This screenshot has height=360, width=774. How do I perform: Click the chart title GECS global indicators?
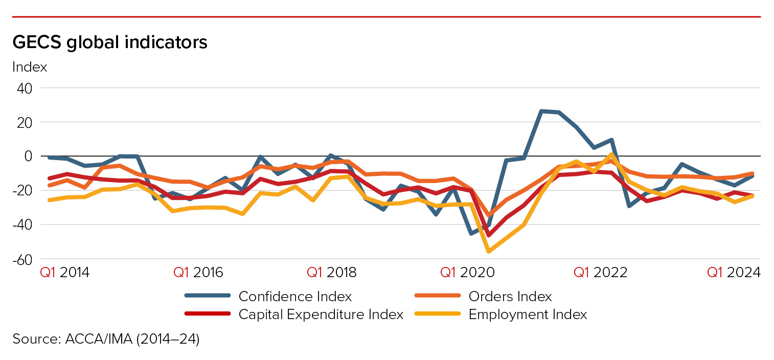tap(110, 42)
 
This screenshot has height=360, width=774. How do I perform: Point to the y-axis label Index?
tap(30, 67)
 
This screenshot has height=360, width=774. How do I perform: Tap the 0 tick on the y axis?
tap(28, 156)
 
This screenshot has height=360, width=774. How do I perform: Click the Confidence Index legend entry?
tap(295, 297)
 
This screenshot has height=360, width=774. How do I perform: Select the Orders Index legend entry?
tap(510, 297)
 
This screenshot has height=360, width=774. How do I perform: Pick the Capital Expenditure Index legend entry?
tap(321, 314)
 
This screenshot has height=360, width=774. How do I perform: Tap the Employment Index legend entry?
tap(528, 314)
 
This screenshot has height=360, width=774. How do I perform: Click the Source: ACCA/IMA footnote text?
tap(106, 339)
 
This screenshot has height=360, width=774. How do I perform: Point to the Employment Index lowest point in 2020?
tap(489, 251)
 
